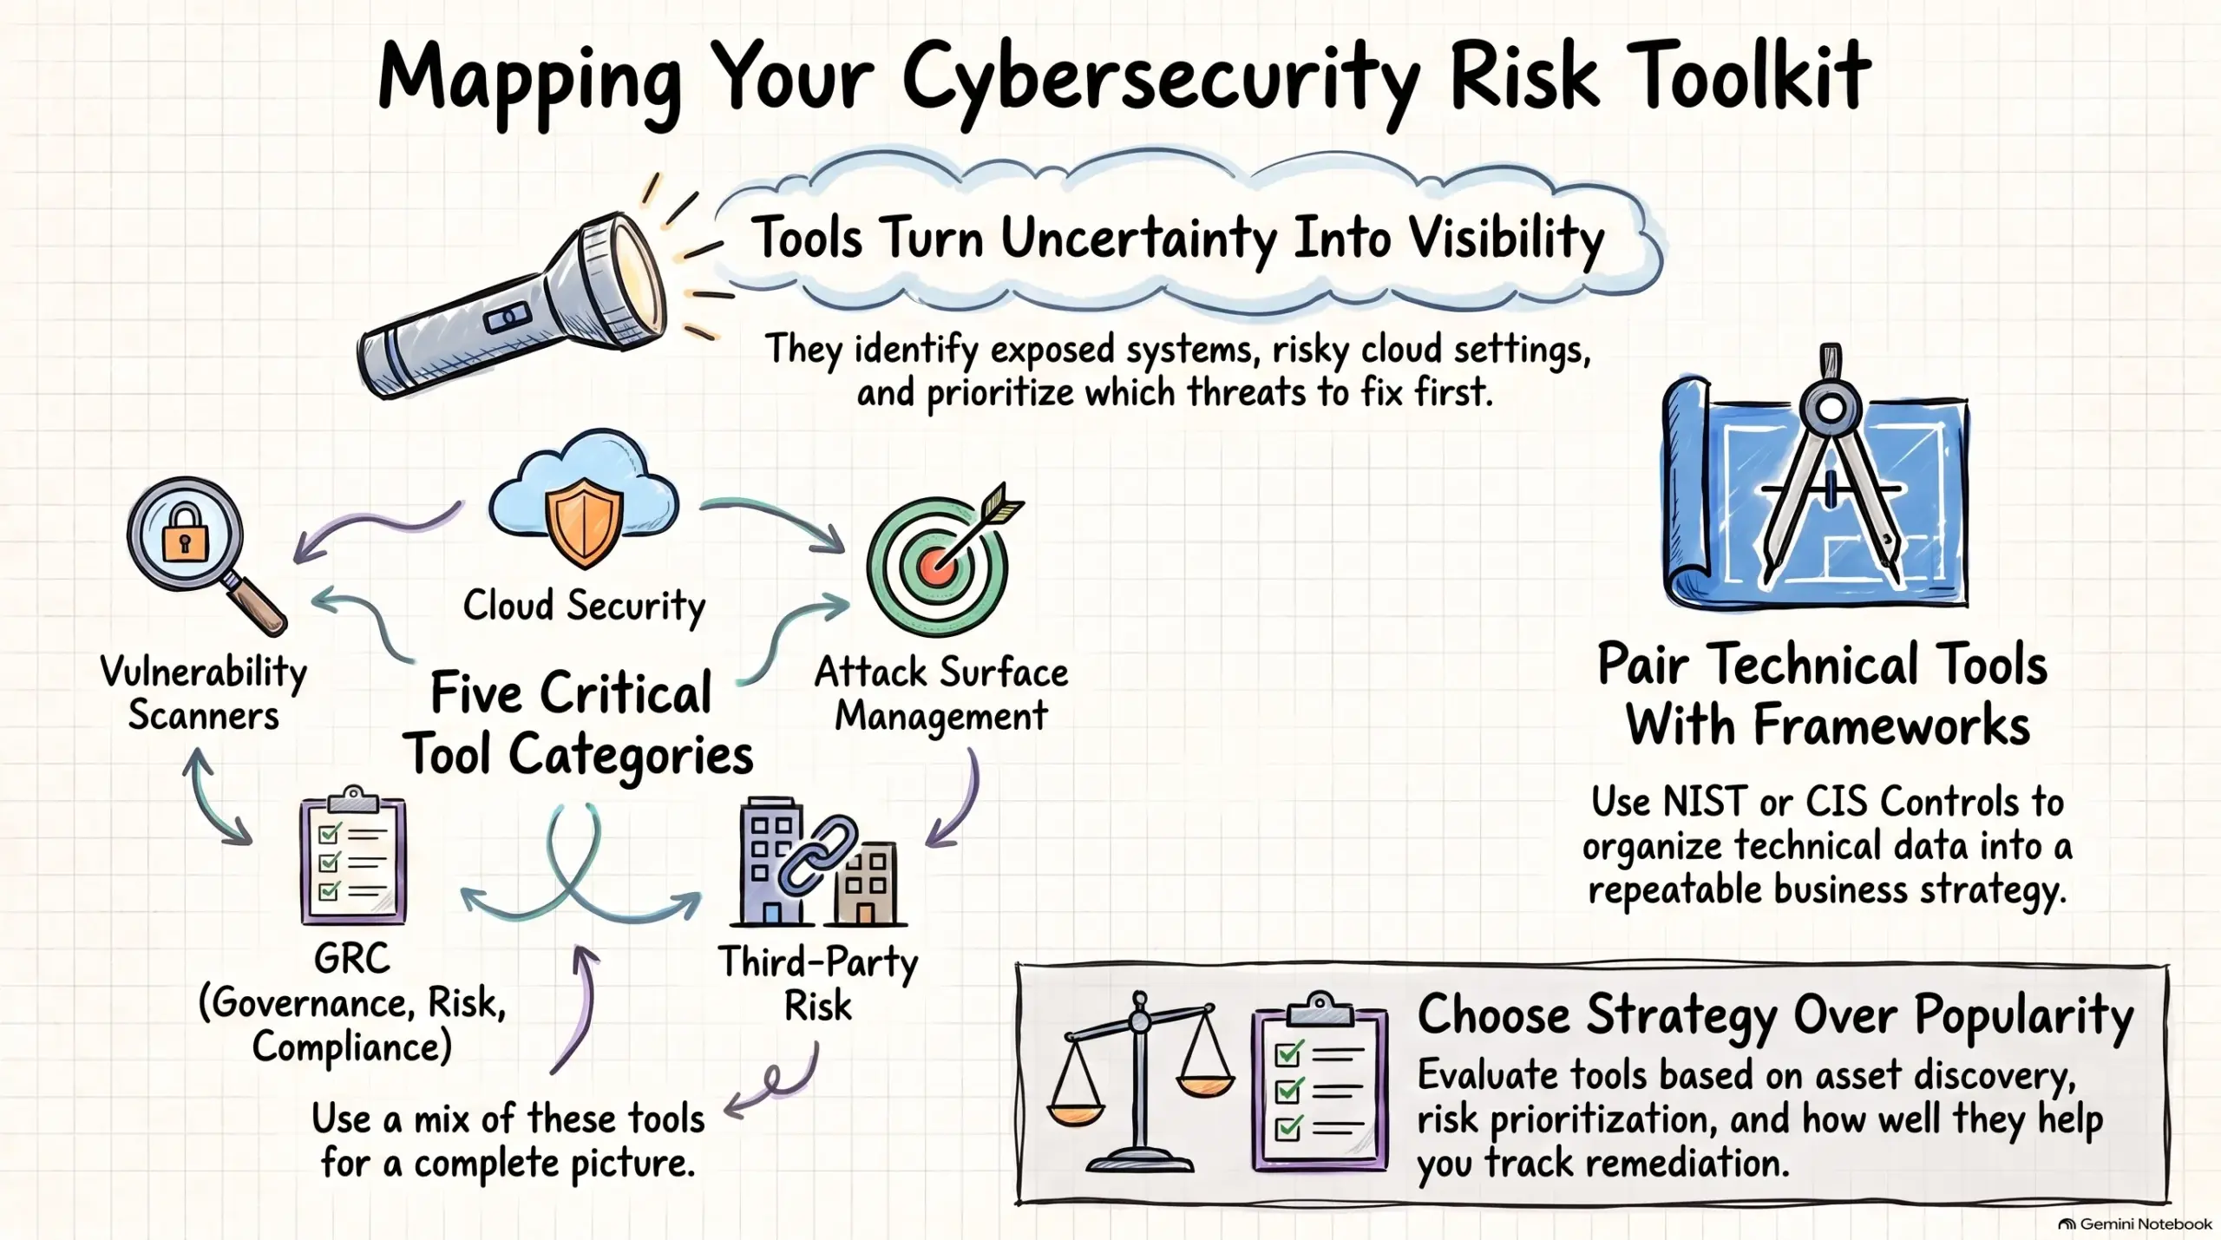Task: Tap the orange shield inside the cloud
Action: click(584, 524)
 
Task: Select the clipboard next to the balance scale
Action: click(1320, 1081)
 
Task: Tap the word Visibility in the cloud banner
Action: click(1506, 239)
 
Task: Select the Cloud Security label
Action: click(584, 606)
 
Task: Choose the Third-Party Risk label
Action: click(817, 984)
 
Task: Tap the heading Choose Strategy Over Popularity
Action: click(1775, 1014)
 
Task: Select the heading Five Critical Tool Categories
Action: click(580, 724)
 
